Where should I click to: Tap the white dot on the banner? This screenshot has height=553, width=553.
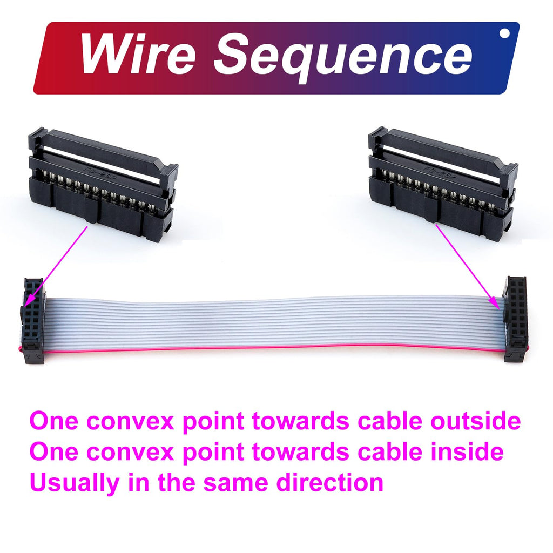[x=505, y=33]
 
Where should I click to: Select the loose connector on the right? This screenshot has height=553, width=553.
[x=443, y=184]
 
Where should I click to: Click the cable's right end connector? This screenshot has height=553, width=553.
[x=516, y=319]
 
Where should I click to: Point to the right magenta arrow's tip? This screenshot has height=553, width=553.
[x=500, y=309]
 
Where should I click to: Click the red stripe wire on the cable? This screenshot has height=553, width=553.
[x=275, y=348]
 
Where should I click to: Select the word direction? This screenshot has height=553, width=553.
[x=330, y=482]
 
